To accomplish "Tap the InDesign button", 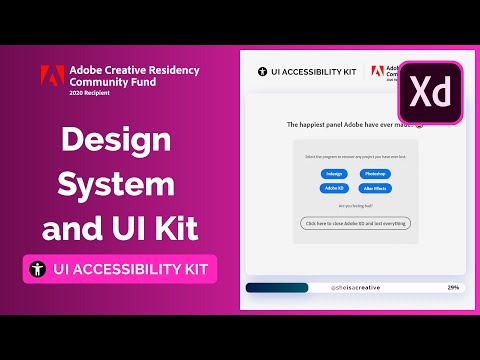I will [x=335, y=174].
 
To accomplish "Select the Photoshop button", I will [x=375, y=174].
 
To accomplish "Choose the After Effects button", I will [x=375, y=188].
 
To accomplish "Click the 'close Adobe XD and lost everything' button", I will [x=355, y=223].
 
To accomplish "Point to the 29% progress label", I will [x=453, y=287].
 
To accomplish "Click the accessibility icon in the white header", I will [x=263, y=74].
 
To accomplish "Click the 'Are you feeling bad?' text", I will [x=355, y=205].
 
